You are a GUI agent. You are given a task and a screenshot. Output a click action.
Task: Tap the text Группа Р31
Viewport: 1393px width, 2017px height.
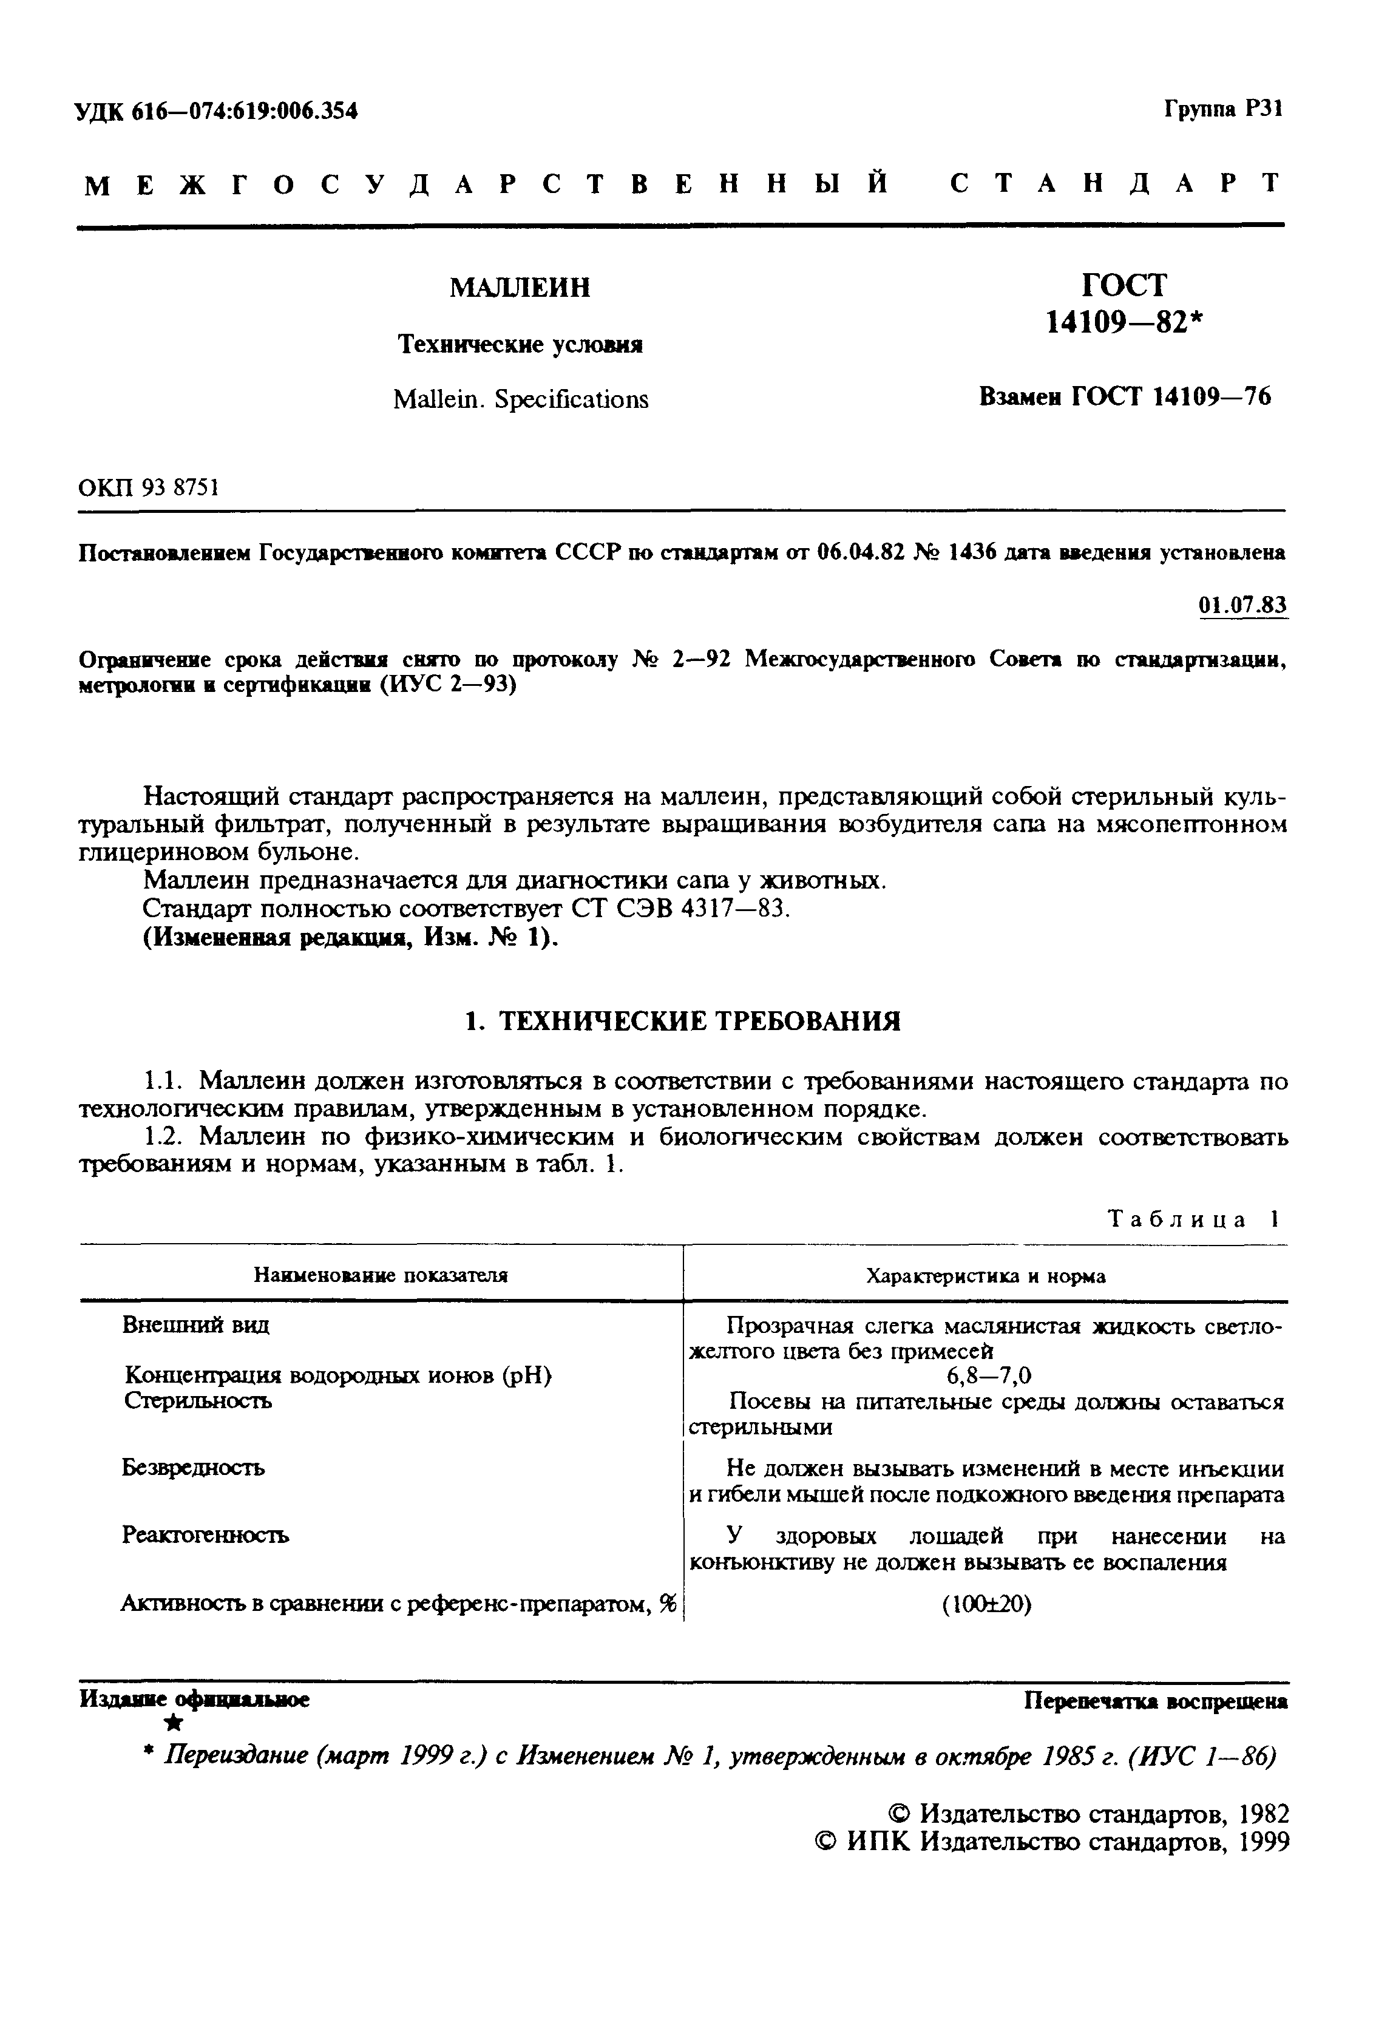click(1223, 109)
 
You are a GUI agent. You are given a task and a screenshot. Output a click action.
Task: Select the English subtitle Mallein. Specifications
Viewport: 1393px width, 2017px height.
click(520, 400)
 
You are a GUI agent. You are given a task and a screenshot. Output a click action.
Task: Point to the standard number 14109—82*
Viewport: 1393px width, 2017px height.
click(1124, 323)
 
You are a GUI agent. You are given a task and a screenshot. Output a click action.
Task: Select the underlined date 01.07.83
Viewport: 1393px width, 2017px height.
click(1243, 605)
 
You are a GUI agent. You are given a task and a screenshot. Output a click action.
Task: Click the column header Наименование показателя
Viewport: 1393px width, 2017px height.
click(381, 1276)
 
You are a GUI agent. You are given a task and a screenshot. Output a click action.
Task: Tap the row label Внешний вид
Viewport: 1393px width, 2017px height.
click(195, 1325)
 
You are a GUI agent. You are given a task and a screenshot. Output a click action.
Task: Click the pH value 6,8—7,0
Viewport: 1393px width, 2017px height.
click(989, 1377)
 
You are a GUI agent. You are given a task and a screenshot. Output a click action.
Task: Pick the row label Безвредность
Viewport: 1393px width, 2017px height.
click(193, 1468)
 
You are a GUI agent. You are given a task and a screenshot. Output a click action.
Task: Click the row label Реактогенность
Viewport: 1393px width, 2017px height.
click(205, 1535)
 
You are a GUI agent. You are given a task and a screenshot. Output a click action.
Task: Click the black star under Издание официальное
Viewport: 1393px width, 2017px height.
click(175, 1722)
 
